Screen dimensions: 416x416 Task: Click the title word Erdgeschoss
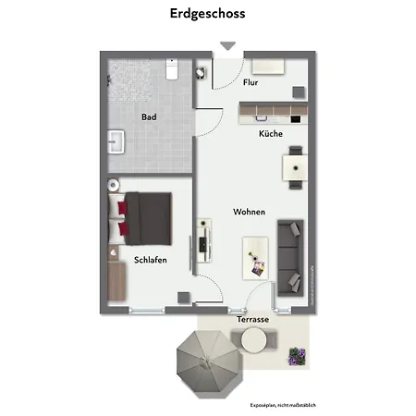pos(207,14)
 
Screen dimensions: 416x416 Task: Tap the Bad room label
pos(149,117)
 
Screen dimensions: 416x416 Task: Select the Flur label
pos(251,82)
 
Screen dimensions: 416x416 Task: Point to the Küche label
pos(270,134)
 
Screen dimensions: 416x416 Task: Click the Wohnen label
pos(249,212)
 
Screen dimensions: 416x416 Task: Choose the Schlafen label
pos(150,261)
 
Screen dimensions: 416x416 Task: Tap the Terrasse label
pos(251,318)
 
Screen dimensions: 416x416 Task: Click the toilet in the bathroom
pos(172,69)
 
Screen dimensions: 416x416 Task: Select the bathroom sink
pos(116,141)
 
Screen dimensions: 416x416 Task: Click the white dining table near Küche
pos(295,168)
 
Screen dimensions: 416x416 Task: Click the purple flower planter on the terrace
pos(297,357)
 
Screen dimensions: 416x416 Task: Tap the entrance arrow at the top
pos(227,46)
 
